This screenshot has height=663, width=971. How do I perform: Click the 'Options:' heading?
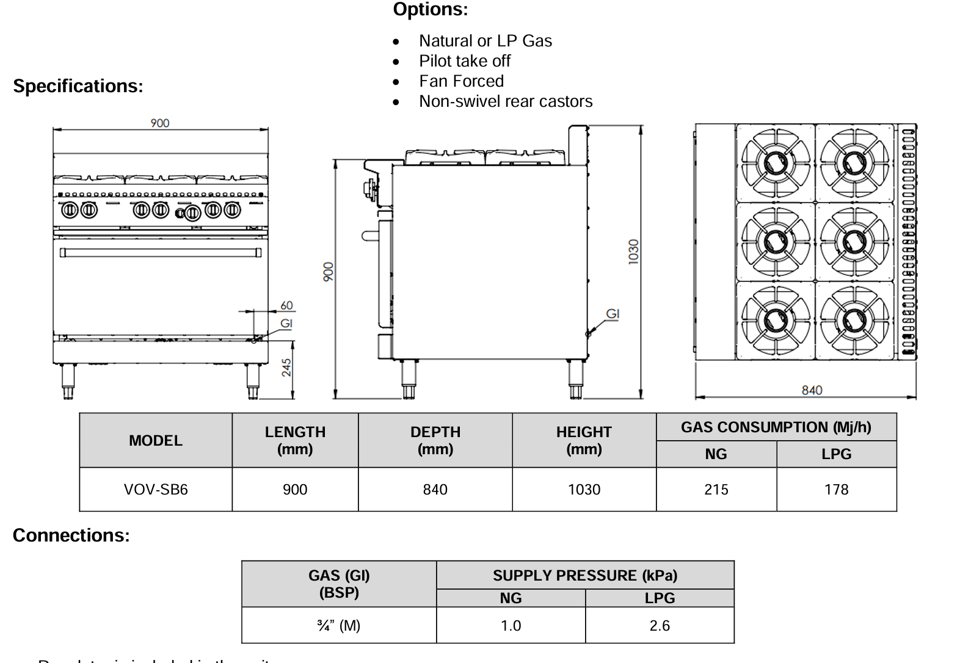430,10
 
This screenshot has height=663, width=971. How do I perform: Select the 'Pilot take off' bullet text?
464,61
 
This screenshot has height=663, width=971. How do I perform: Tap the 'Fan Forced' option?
461,81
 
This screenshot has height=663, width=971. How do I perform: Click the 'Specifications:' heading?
78,86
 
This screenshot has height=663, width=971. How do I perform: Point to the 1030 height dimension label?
633,252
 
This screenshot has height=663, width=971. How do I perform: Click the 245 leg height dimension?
286,367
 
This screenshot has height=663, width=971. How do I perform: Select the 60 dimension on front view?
286,305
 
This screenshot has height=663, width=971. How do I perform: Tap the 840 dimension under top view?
812,390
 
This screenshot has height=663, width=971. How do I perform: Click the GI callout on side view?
612,314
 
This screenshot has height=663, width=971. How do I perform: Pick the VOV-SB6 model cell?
156,490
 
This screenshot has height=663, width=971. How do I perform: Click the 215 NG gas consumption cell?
716,490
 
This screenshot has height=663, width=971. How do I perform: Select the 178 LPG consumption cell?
836,490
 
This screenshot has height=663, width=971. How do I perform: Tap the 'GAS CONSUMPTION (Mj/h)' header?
776,427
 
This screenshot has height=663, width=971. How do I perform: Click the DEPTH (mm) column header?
435,440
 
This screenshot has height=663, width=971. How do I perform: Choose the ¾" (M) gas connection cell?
339,626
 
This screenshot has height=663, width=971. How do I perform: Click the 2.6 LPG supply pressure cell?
660,626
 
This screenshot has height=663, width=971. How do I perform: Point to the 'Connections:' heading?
71,535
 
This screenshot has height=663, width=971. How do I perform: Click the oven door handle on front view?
161,252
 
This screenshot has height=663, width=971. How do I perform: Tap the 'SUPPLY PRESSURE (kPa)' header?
585,576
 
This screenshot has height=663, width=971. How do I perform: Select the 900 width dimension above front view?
160,123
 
